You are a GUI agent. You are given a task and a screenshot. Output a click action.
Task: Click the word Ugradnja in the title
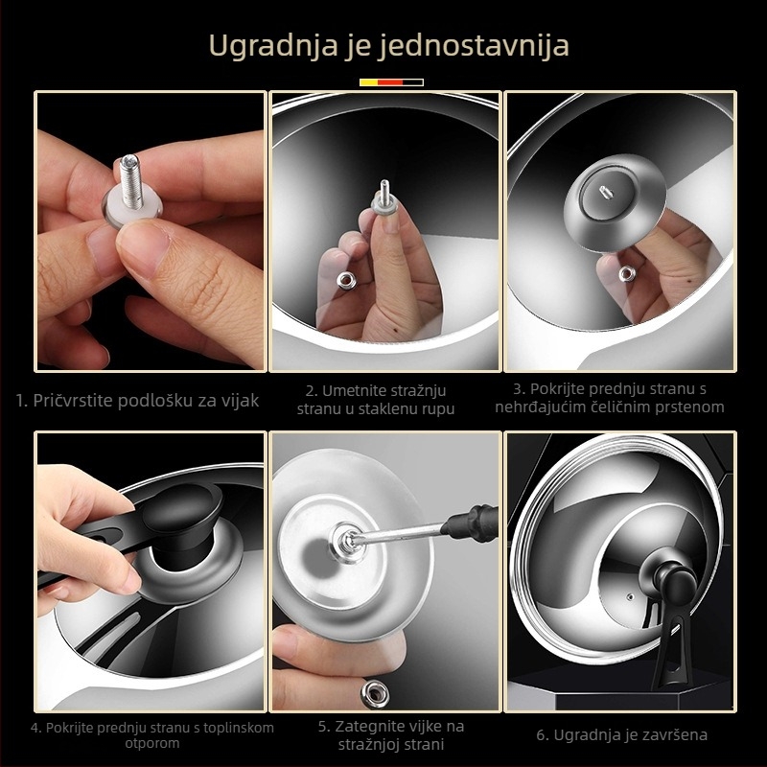click(x=255, y=45)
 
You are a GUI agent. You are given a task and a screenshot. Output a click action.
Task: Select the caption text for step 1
click(x=138, y=400)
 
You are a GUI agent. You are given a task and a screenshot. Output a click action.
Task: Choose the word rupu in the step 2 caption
click(x=434, y=408)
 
